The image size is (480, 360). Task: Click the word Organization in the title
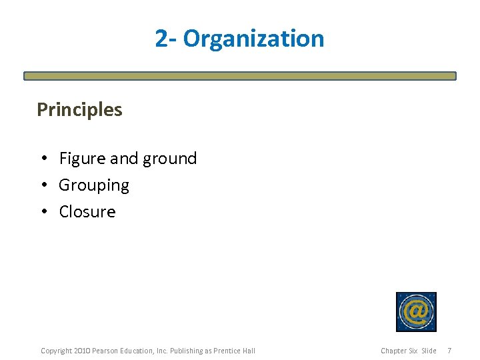[x=254, y=39]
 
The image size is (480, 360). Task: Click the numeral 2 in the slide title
[x=161, y=39]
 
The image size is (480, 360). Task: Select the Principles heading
[x=79, y=109]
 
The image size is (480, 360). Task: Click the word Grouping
[x=94, y=185]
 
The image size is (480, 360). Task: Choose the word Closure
[x=87, y=212]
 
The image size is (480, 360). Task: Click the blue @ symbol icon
[x=416, y=311]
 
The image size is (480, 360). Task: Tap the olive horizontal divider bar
[x=240, y=76]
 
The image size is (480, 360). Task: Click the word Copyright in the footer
[x=56, y=351]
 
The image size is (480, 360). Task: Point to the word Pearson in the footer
[x=105, y=351]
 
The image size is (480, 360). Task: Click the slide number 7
[x=449, y=351]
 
